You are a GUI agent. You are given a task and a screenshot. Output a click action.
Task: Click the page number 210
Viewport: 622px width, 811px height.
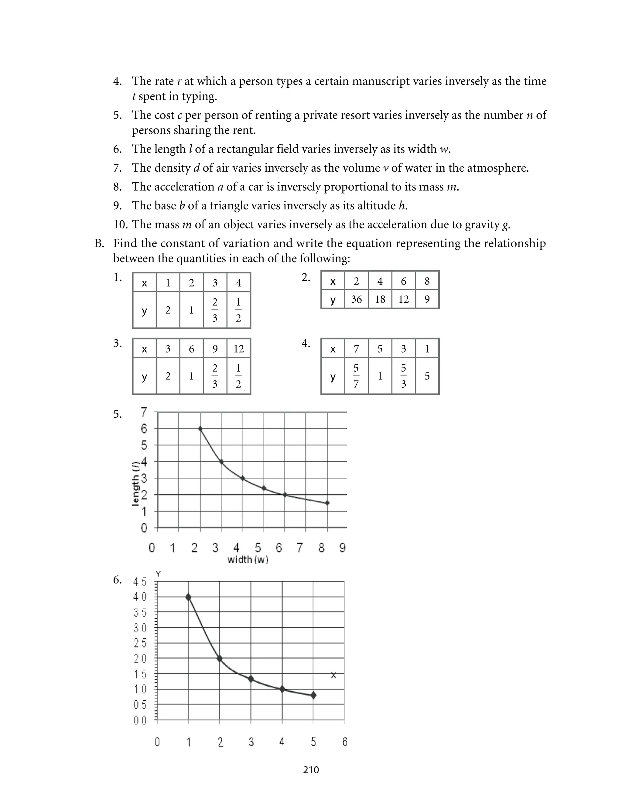pyautogui.click(x=311, y=770)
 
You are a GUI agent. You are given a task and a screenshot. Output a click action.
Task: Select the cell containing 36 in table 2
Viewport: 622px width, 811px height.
pyautogui.click(x=356, y=299)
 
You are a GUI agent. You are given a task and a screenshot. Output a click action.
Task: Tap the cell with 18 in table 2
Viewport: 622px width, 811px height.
pyautogui.click(x=380, y=299)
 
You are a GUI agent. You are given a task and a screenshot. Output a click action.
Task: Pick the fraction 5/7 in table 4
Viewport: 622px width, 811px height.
pyautogui.click(x=356, y=376)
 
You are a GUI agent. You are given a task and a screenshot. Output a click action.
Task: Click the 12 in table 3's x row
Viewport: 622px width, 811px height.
pyautogui.click(x=238, y=349)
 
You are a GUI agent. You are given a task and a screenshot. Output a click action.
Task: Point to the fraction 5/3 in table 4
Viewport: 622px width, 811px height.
pyautogui.click(x=403, y=376)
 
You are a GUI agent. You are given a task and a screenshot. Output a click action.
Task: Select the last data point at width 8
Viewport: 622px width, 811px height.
pyautogui.click(x=327, y=503)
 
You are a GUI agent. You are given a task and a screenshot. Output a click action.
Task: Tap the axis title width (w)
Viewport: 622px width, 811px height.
pyautogui.click(x=248, y=559)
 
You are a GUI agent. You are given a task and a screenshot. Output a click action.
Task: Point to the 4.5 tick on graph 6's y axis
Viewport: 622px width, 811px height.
pyautogui.click(x=140, y=582)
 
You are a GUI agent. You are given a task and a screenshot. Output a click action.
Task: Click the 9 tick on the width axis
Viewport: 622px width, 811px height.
pyautogui.click(x=343, y=547)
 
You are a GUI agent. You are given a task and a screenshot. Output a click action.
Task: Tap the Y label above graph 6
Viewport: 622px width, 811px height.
pyautogui.click(x=158, y=574)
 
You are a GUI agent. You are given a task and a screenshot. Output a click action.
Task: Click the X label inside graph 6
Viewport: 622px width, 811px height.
pyautogui.click(x=333, y=675)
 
